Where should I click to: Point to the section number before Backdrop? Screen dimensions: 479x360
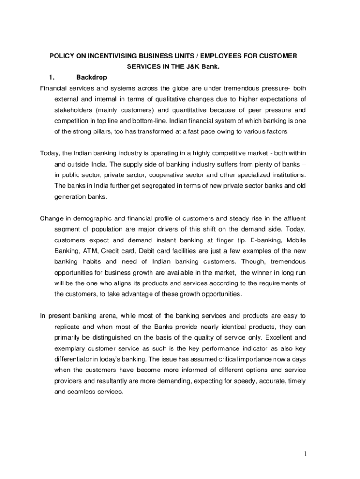pos(52,77)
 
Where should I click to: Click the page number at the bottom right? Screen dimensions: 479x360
pos(304,454)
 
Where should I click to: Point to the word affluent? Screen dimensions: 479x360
pos(294,218)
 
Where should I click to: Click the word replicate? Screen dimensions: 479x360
pos(68,327)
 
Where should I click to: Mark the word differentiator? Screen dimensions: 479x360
pos(74,359)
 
